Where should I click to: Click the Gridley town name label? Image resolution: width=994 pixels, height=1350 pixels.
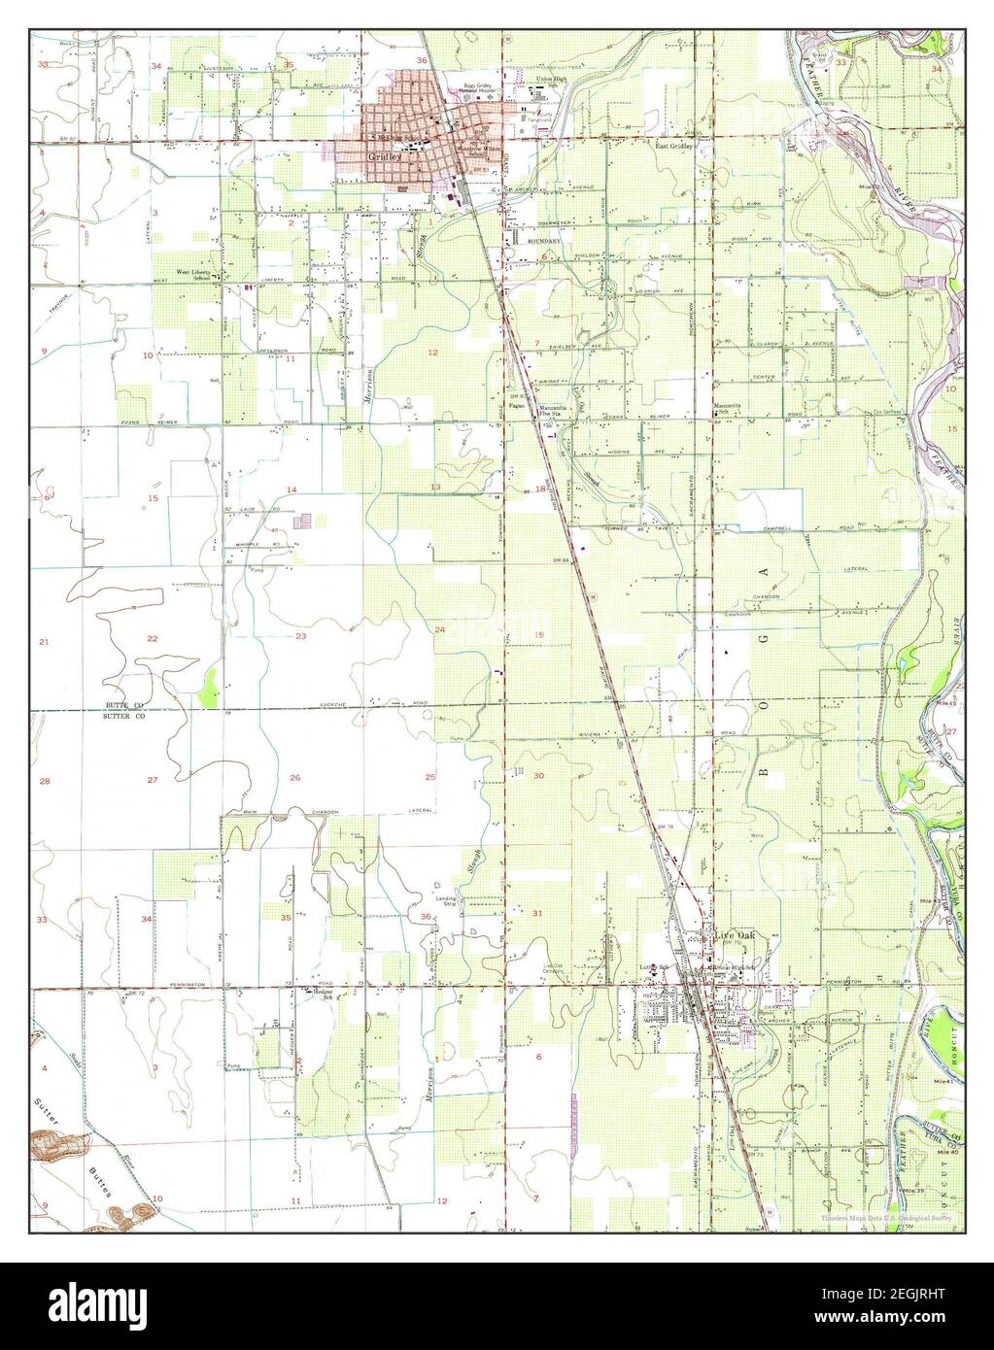coord(380,155)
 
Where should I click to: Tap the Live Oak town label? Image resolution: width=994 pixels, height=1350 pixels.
coord(735,935)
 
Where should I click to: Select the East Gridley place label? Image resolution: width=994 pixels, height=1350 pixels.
coord(673,147)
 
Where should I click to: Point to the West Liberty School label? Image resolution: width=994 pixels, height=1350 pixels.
coord(192,275)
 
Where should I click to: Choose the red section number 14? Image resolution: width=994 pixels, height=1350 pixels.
coord(291,489)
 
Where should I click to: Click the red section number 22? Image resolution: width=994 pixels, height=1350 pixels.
coord(153,638)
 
